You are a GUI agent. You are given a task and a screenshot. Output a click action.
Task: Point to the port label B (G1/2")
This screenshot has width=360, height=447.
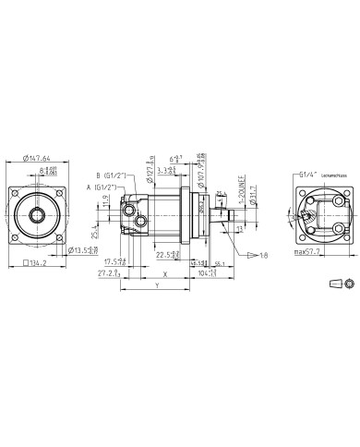coord(112,176)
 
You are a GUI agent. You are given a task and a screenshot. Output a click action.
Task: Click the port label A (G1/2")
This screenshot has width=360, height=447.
coord(111,187)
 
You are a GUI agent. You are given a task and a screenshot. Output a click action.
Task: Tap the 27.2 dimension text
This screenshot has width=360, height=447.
coord(109,273)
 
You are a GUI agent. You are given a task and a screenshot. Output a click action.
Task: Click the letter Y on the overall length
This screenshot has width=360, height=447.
coord(157,286)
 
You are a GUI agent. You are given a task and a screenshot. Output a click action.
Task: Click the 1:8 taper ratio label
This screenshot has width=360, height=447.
coord(238,255)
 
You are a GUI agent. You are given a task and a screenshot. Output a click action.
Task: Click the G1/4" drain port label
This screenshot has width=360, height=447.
coord(308,173)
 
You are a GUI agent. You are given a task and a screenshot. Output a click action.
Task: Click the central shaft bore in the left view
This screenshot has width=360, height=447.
coord(39,217)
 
